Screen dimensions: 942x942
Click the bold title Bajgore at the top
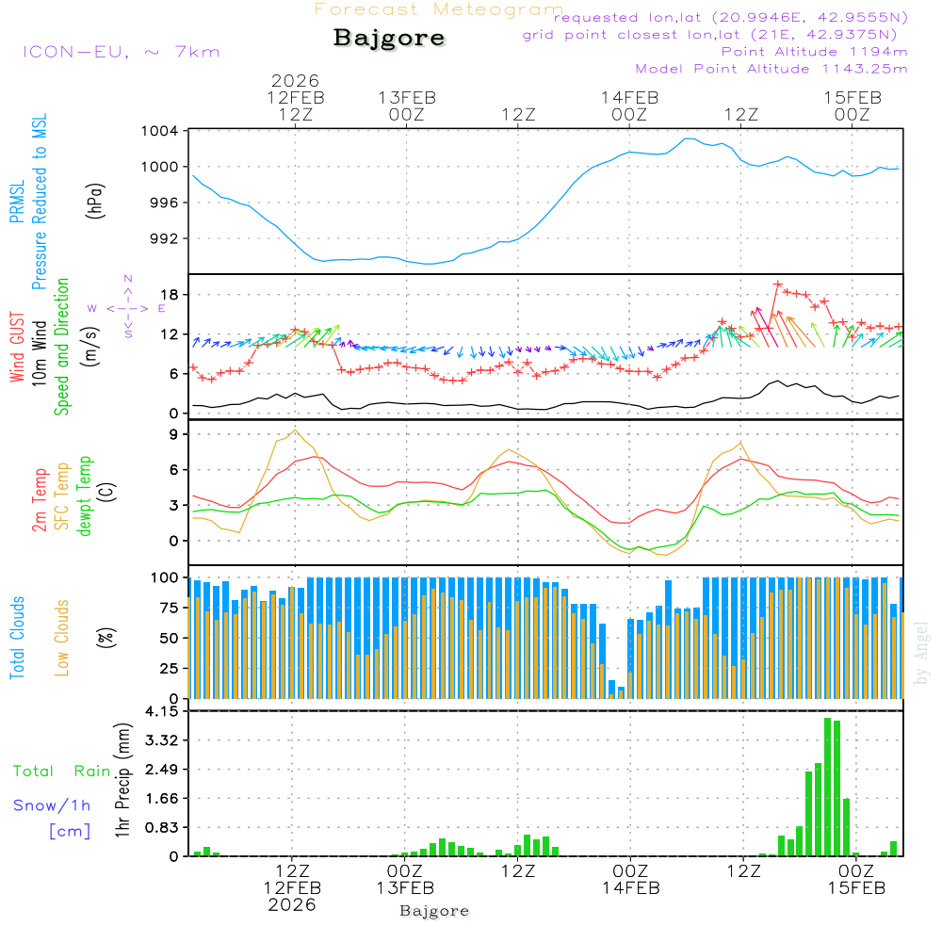[x=388, y=39]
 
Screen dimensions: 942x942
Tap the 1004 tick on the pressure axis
[x=161, y=131]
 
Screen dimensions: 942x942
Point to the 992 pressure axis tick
[x=165, y=238]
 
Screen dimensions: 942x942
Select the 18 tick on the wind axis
[x=170, y=296]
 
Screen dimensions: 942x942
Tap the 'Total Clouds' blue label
[x=17, y=637]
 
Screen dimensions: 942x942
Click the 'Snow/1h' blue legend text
[x=53, y=805]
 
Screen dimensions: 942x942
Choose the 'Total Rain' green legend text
[x=62, y=771]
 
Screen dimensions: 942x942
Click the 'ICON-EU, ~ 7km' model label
[x=121, y=52]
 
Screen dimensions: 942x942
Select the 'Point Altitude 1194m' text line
[x=814, y=52]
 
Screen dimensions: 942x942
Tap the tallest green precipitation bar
[x=827, y=787]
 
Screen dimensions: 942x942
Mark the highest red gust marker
[x=778, y=284]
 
